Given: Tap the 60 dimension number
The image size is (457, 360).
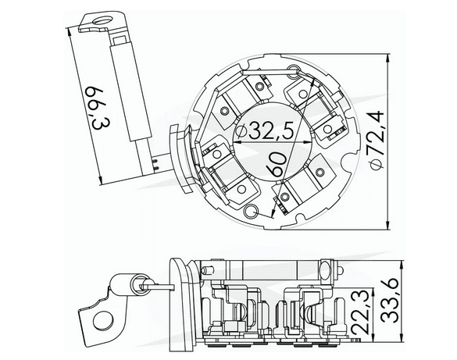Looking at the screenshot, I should [275, 165].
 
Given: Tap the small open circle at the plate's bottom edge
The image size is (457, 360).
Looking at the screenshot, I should [251, 212].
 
